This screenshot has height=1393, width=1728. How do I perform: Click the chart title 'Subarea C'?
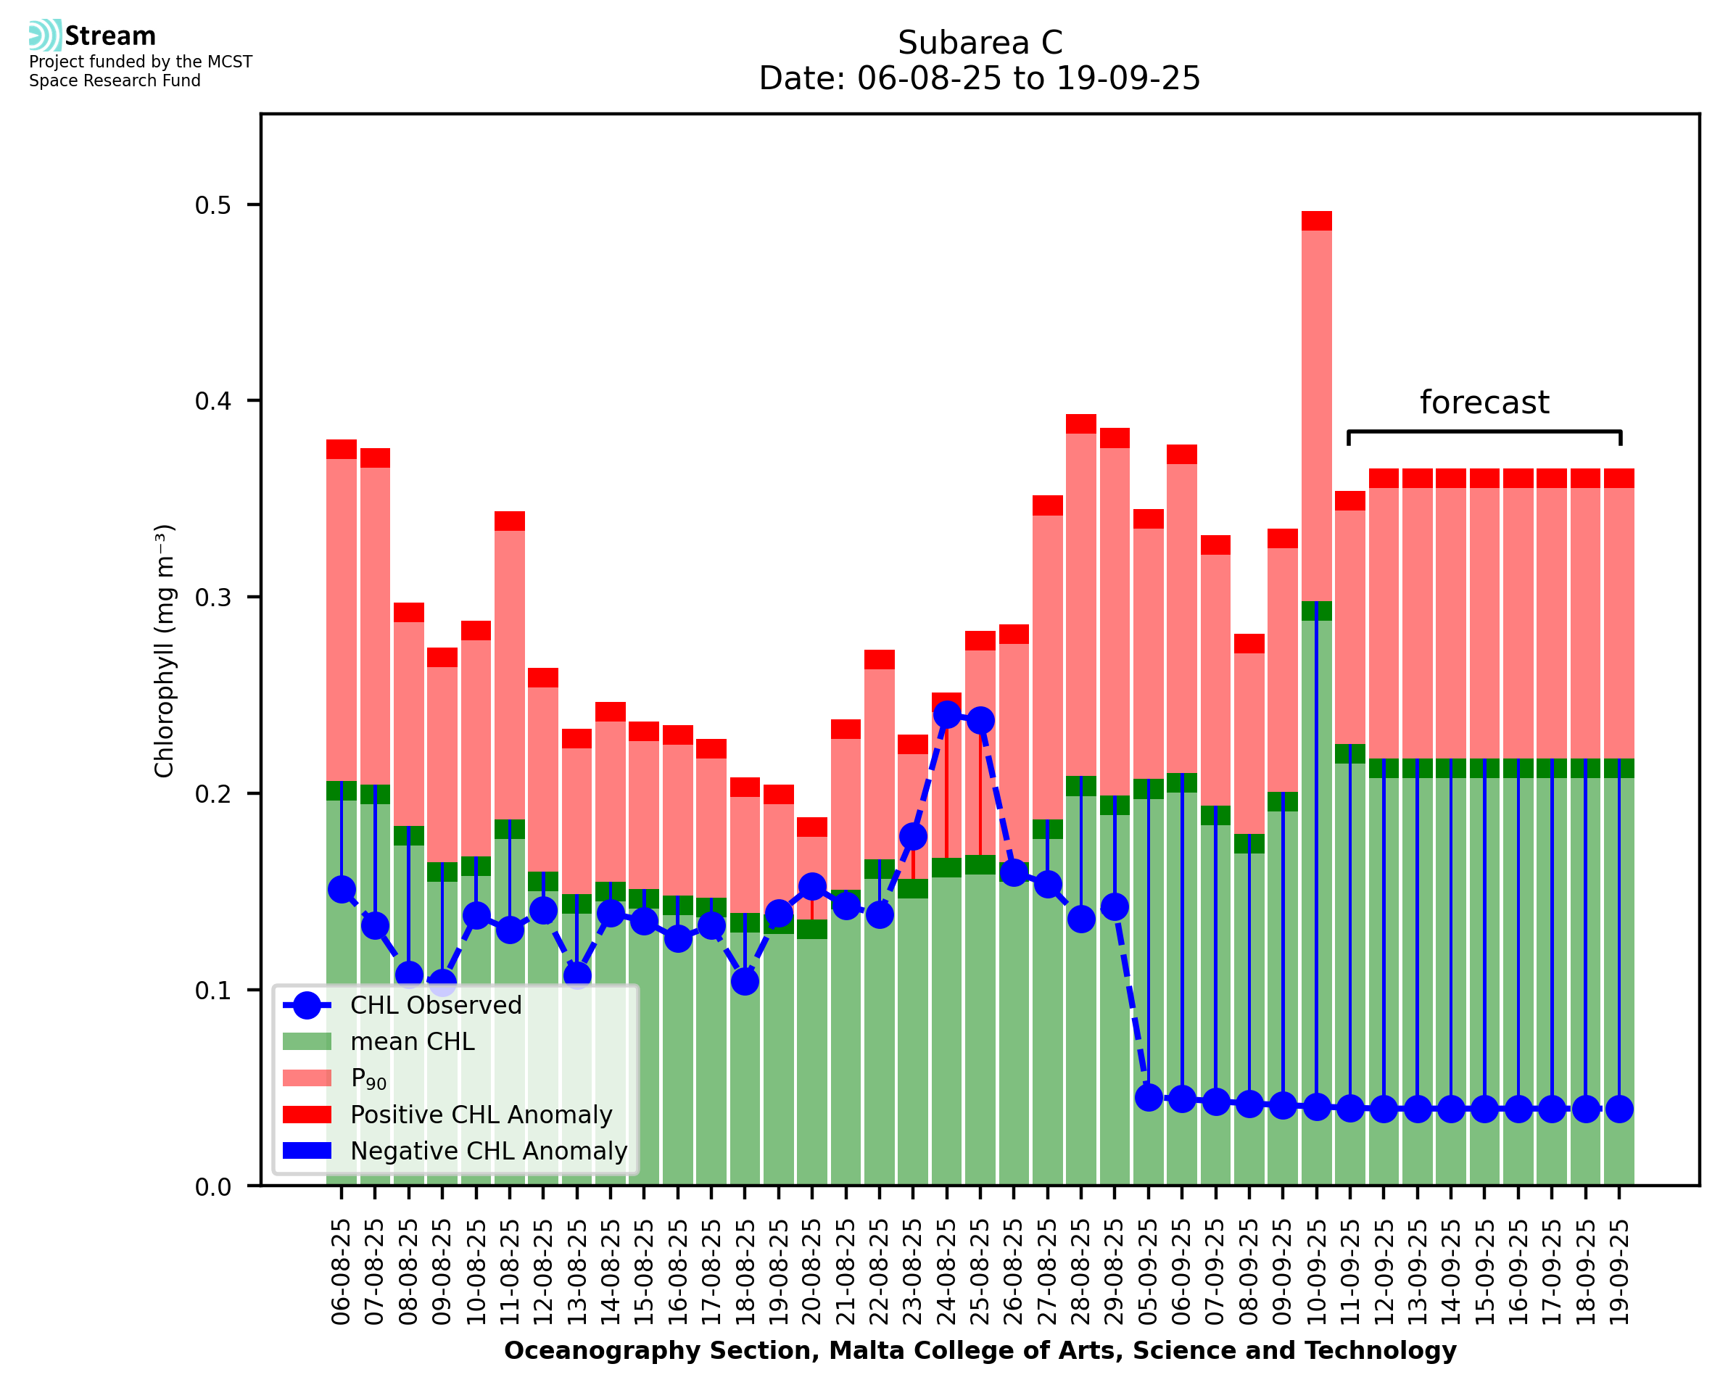980,43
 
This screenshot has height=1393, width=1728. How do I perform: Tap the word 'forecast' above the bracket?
1484,402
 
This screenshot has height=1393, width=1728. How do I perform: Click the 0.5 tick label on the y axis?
212,205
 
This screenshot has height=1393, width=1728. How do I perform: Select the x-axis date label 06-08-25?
342,1273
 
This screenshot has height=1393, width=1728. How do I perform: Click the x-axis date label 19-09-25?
1619,1273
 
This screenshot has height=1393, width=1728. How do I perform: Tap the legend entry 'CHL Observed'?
436,1006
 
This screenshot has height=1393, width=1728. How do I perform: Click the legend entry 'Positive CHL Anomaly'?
481,1115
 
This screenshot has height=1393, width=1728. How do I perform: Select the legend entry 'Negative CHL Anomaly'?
489,1151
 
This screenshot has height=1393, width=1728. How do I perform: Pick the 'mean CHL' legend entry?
413,1041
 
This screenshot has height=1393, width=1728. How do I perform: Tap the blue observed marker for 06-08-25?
342,889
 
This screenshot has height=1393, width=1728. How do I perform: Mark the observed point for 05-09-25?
1149,1097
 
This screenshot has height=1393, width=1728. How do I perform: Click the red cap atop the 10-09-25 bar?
1316,220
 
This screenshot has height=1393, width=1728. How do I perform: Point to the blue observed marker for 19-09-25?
1619,1109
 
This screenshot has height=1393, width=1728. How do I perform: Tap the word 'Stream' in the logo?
110,36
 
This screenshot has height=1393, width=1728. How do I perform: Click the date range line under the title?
980,78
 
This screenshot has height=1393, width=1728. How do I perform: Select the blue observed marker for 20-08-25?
812,887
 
